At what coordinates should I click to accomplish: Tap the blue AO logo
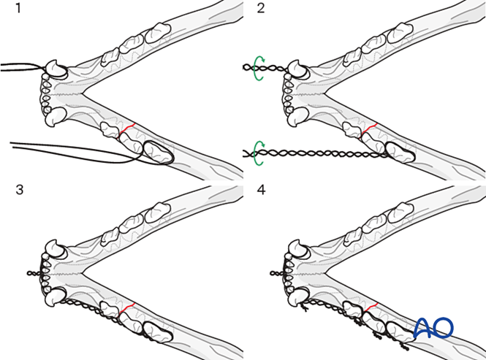click(433, 328)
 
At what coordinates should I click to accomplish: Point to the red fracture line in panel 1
click(128, 130)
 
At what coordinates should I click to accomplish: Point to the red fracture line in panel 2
click(369, 130)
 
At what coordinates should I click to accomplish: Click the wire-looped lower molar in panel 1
click(158, 152)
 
